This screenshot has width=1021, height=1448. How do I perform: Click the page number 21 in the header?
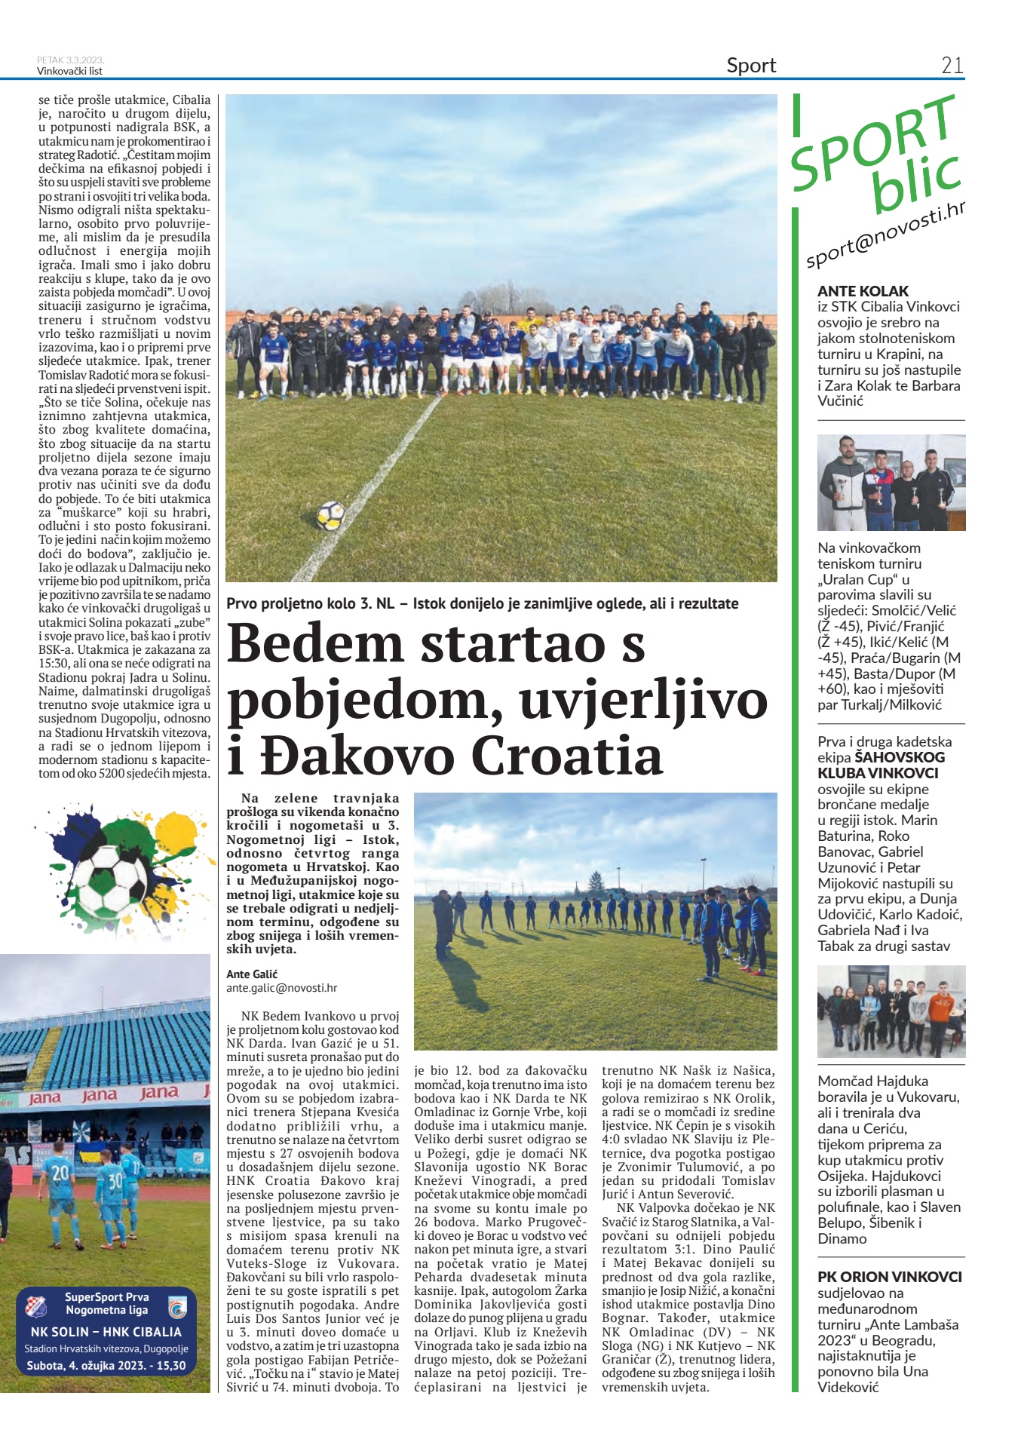pyautogui.click(x=952, y=66)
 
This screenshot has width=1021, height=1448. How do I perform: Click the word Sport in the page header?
pyautogui.click(x=751, y=66)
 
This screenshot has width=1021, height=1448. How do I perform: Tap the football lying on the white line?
pyautogui.click(x=330, y=516)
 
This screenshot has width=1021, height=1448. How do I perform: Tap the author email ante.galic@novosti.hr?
pyautogui.click(x=281, y=988)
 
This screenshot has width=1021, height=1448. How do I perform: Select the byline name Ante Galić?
pyautogui.click(x=251, y=974)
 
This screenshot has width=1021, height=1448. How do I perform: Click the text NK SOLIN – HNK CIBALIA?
pyautogui.click(x=106, y=1332)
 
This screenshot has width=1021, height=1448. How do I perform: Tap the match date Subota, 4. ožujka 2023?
pyautogui.click(x=106, y=1366)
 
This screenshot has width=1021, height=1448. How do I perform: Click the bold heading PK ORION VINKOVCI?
pyautogui.click(x=890, y=1277)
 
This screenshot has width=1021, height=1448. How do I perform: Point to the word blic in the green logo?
pyautogui.click(x=916, y=180)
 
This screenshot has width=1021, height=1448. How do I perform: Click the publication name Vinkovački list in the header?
pyautogui.click(x=69, y=72)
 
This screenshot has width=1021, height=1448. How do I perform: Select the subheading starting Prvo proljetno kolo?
pyautogui.click(x=483, y=604)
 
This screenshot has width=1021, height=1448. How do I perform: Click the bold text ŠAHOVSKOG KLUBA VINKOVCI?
pyautogui.click(x=878, y=765)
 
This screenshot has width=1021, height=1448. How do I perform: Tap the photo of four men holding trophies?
pyautogui.click(x=891, y=483)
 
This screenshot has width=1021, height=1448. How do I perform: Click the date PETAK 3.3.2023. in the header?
pyautogui.click(x=70, y=60)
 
